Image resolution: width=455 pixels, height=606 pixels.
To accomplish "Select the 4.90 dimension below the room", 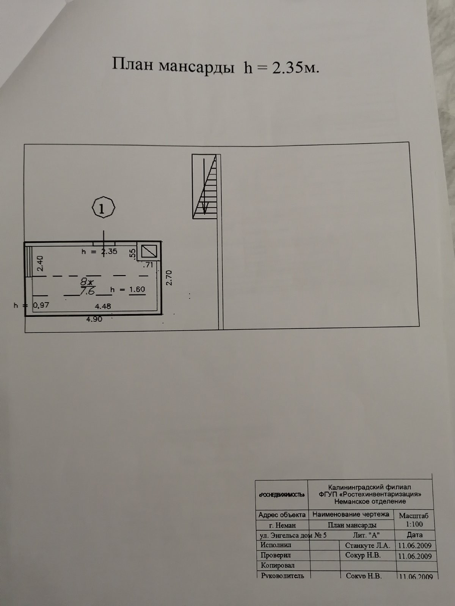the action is (x=94, y=319).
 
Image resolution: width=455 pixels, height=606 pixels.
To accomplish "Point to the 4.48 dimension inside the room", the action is (x=103, y=306).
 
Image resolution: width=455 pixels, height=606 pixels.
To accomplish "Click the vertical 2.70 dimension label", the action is (x=169, y=278).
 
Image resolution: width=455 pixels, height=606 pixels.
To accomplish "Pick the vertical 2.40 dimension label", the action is (x=40, y=263).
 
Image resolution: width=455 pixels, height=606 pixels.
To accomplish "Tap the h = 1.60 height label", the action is (x=127, y=289).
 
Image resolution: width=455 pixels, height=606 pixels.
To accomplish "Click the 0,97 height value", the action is (x=41, y=305).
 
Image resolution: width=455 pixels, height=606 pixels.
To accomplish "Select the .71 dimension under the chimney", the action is (x=149, y=265).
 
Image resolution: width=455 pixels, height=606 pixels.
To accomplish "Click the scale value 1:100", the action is (x=414, y=524).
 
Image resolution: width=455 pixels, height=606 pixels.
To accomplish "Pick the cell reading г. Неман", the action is (x=282, y=525).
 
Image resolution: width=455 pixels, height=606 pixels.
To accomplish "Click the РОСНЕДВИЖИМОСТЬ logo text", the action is (x=281, y=495).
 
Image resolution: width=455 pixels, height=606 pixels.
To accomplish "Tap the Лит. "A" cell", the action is (x=366, y=535).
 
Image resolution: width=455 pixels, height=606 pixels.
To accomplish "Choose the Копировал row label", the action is (x=278, y=565).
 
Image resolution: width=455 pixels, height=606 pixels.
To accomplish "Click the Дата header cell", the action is (x=414, y=535).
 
